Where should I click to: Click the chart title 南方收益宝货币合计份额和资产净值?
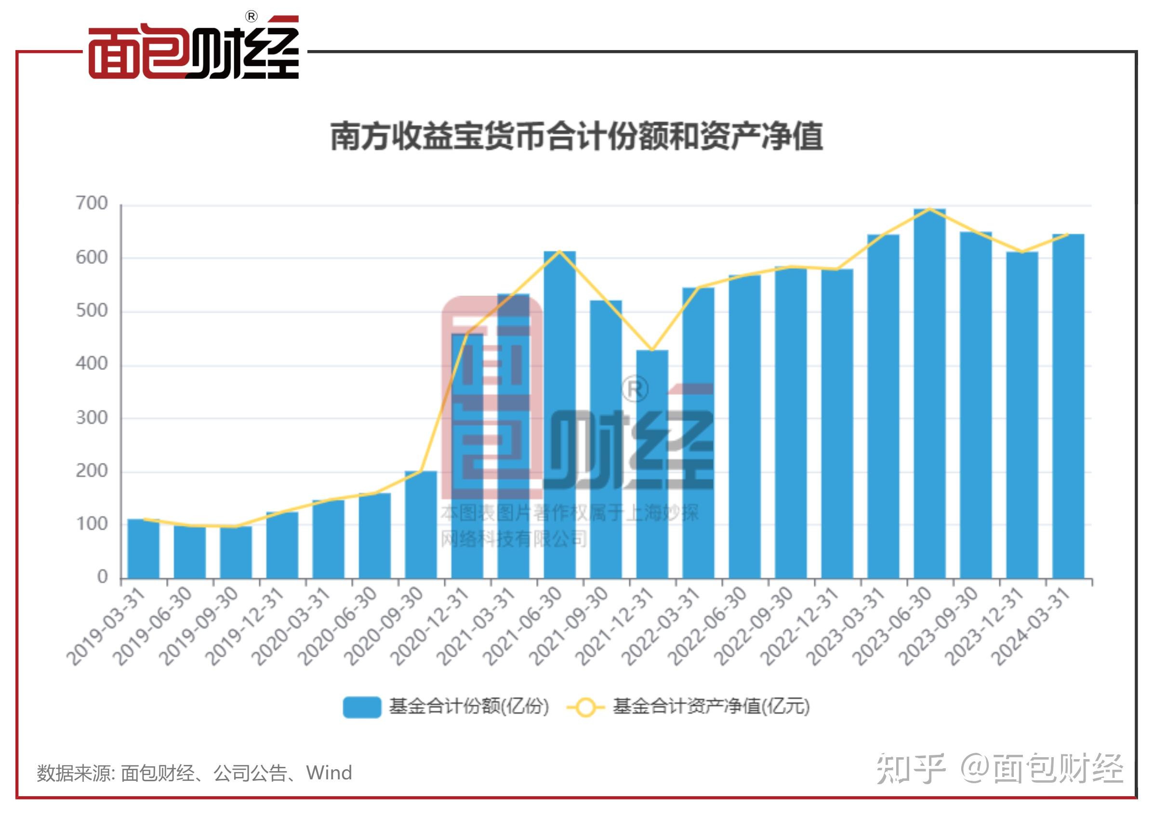pyautogui.click(x=576, y=136)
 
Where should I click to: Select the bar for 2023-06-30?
pyautogui.click(x=929, y=394)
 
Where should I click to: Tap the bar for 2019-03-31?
pyautogui.click(x=143, y=548)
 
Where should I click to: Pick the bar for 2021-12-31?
pyautogui.click(x=652, y=464)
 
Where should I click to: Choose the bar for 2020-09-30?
pyautogui.click(x=421, y=525)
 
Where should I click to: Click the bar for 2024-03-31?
pyautogui.click(x=1068, y=407)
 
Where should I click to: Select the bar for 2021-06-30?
pyautogui.click(x=559, y=415)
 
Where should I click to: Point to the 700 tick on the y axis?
pyautogui.click(x=92, y=203)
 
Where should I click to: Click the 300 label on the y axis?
pyautogui.click(x=92, y=418)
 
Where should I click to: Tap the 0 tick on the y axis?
pyautogui.click(x=103, y=577)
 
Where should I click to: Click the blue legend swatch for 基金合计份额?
pyautogui.click(x=361, y=707)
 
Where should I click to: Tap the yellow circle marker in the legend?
pyautogui.click(x=585, y=708)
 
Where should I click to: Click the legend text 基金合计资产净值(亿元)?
pyautogui.click(x=711, y=707)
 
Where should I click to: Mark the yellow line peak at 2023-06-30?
pyautogui.click(x=929, y=209)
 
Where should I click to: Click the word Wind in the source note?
pyautogui.click(x=329, y=773)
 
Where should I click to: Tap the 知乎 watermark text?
pyautogui.click(x=911, y=769)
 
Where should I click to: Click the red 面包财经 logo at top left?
pyautogui.click(x=193, y=50)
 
